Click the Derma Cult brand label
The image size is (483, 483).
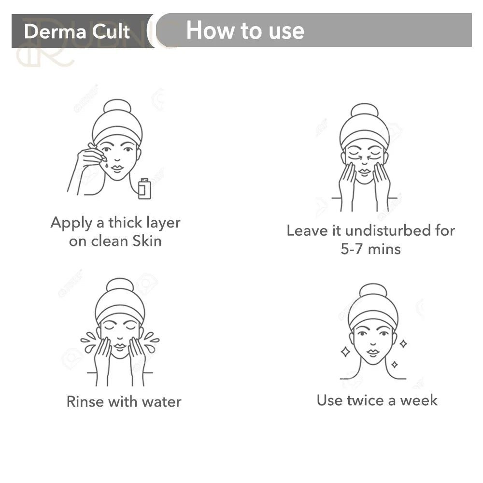click(x=77, y=31)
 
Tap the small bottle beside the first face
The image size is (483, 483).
click(x=144, y=188)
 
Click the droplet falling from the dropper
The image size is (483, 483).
click(x=106, y=165)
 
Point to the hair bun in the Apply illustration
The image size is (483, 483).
click(x=117, y=106)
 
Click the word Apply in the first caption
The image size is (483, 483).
click(x=71, y=223)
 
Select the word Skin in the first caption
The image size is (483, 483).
click(x=147, y=241)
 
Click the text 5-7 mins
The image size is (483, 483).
click(x=370, y=249)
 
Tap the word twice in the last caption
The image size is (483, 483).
click(x=365, y=400)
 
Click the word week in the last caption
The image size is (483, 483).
click(x=419, y=401)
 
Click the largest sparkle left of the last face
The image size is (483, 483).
click(x=345, y=352)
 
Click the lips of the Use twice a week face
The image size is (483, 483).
click(x=373, y=352)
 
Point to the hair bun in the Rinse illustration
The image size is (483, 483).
click(x=120, y=285)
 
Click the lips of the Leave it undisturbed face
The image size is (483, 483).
click(x=364, y=172)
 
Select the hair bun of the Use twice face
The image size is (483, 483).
click(x=373, y=291)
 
